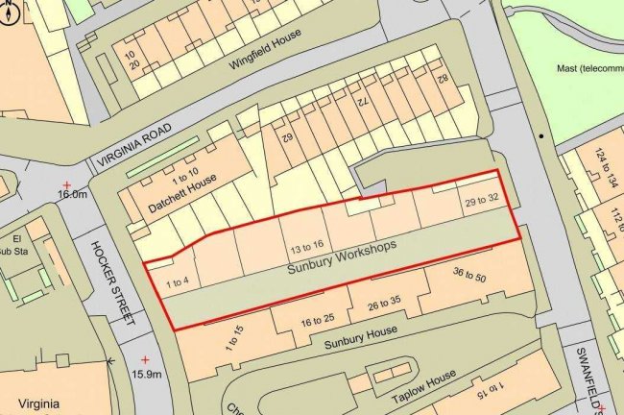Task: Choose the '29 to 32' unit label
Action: [x=482, y=202]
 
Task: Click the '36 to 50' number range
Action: [x=469, y=277]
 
